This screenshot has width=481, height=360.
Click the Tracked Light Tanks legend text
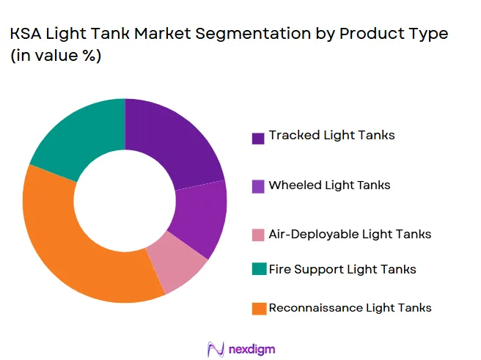pos(331,135)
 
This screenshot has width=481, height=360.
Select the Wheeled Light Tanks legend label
pos(329,185)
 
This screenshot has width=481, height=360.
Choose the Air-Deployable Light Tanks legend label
pos(350,235)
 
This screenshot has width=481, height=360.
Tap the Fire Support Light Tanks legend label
pos(342,269)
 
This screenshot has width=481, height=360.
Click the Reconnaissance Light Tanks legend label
pos(350,308)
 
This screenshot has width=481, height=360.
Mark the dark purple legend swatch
pos(258,139)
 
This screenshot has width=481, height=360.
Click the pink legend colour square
pos(258,235)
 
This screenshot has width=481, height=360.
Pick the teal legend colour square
pos(260,269)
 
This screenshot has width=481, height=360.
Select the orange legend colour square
pos(260,309)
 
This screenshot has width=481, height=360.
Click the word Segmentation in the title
pos(253,34)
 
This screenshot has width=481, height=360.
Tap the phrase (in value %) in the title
pos(56,56)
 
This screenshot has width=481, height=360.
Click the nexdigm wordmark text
pos(252,349)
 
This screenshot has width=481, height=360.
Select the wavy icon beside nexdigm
pos(216,349)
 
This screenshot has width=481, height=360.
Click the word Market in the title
pos(163,34)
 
